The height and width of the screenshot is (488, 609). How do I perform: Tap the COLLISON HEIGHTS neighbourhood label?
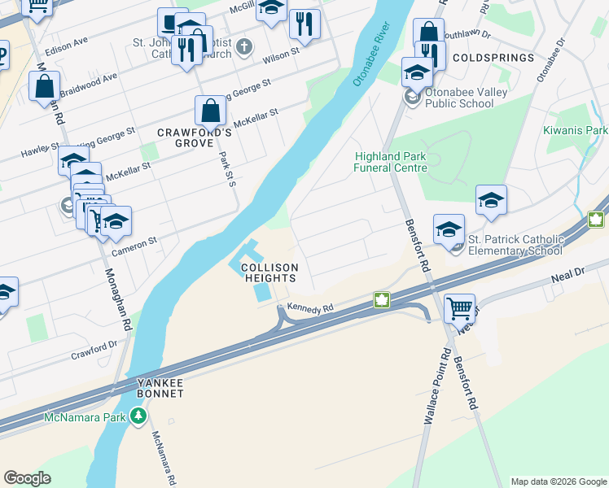(x=269, y=272)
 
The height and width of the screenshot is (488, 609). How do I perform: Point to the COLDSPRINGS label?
(x=493, y=59)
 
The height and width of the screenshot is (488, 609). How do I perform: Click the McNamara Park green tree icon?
(x=138, y=417)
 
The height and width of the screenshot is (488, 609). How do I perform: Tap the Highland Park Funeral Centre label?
(x=391, y=162)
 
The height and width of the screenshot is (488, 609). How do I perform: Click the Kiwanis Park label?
(x=576, y=130)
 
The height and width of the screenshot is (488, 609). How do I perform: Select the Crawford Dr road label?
(x=94, y=350)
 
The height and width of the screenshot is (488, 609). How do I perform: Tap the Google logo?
(x=27, y=478)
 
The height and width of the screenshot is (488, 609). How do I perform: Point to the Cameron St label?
(x=134, y=242)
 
